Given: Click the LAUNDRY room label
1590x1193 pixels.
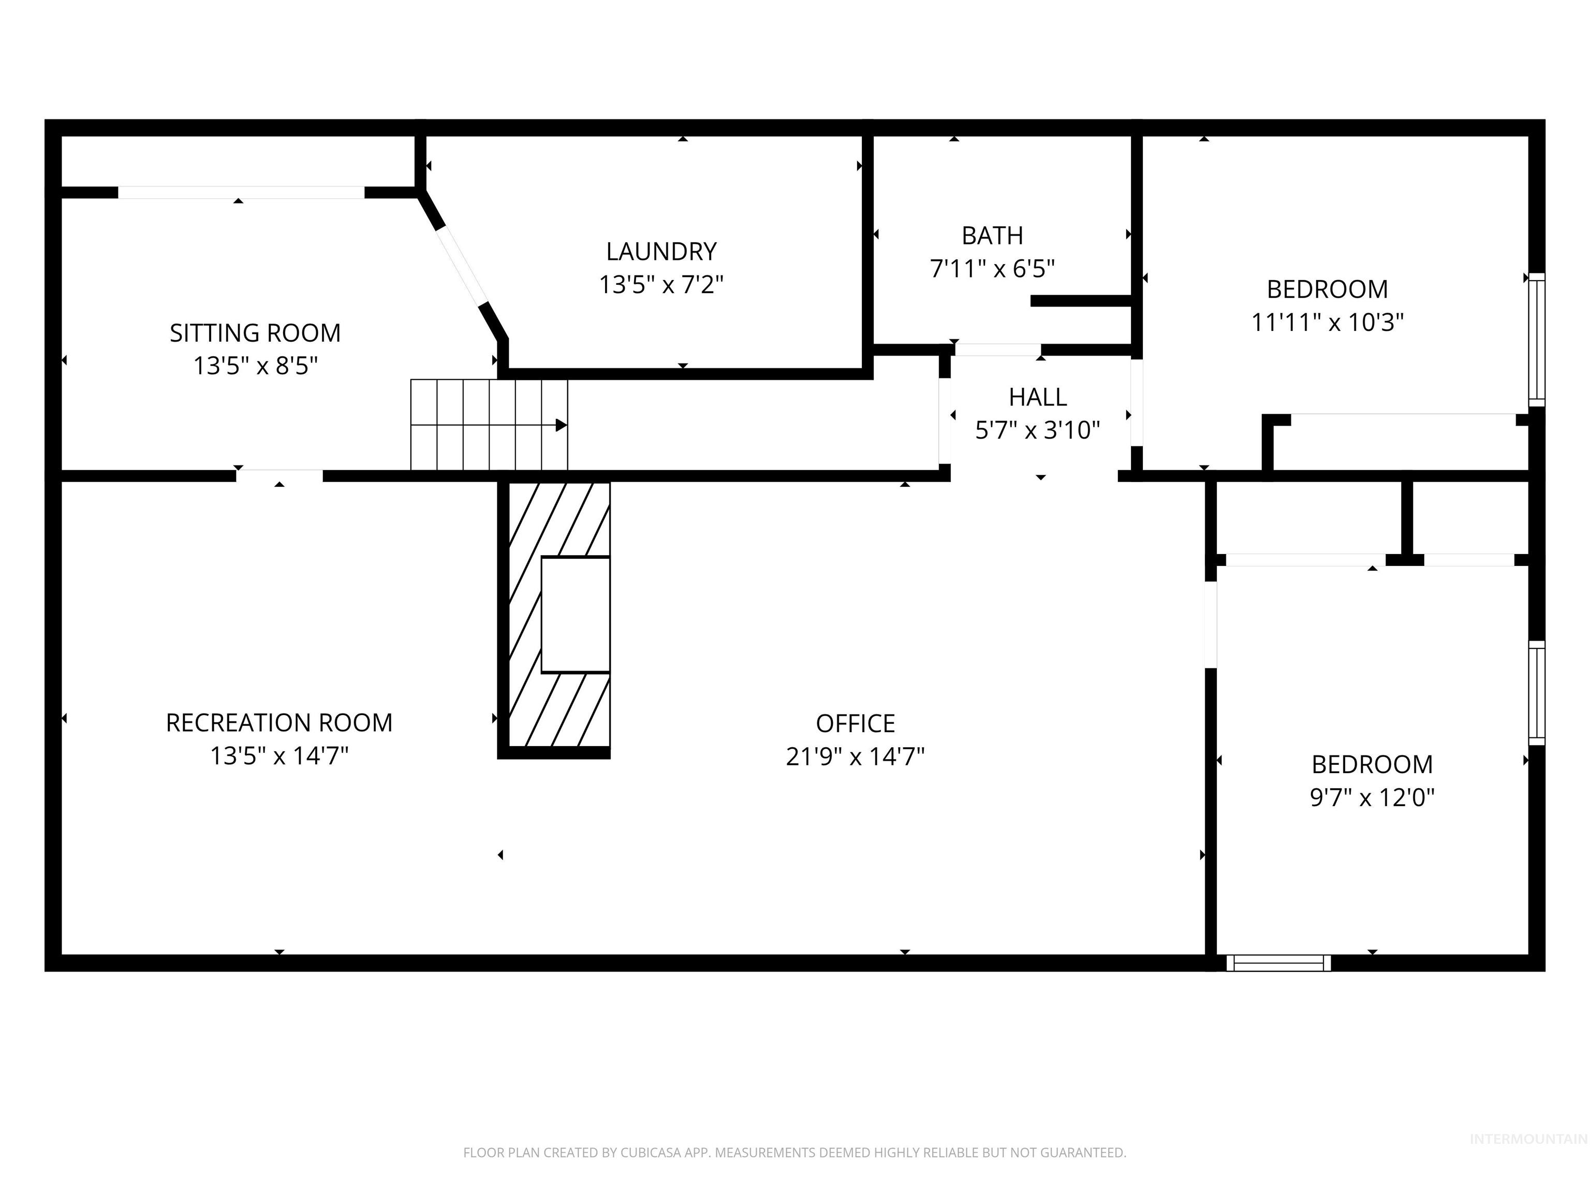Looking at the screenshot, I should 660,252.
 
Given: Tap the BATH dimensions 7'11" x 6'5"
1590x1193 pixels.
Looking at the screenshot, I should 992,269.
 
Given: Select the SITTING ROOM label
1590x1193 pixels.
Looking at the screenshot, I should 255,333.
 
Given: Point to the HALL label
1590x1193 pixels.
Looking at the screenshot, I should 1037,397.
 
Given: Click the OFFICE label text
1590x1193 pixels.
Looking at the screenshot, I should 855,723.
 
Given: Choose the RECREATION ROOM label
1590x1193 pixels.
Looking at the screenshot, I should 279,723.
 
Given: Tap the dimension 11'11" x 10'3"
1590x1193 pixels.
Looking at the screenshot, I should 1327,322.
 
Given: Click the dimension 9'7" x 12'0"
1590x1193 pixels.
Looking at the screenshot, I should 1372,797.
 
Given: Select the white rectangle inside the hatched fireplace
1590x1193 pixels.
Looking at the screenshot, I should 575,615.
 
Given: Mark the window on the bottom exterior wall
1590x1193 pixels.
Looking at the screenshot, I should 1277,963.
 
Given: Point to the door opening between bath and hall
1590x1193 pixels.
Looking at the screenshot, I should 997,350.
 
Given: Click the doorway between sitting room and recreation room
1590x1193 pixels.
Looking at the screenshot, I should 279,475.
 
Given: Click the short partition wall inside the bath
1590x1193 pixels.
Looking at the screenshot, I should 1081,301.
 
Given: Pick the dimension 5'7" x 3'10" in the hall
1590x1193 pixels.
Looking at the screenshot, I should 1037,430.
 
